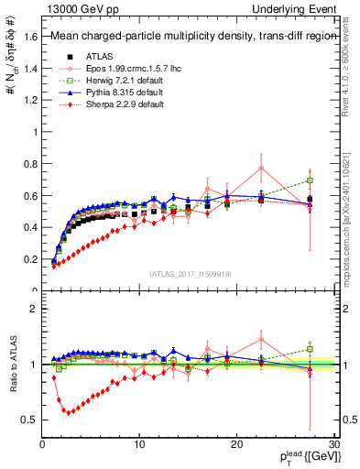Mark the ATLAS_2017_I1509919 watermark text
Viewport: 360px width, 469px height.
(189, 274)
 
